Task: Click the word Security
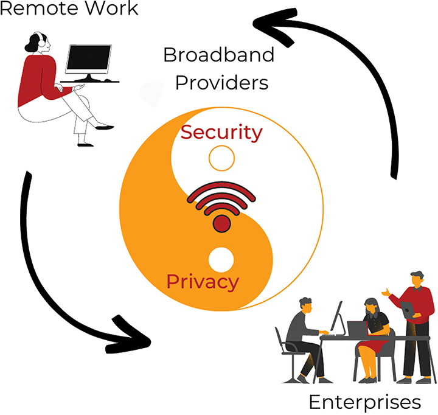click(222, 132)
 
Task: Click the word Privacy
click(203, 282)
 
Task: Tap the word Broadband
click(218, 55)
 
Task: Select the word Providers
click(221, 82)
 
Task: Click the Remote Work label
click(69, 9)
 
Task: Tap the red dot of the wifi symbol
click(221, 225)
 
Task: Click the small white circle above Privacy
click(221, 259)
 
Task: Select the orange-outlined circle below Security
click(221, 159)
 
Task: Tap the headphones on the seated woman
click(41, 41)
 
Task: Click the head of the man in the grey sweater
click(306, 304)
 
